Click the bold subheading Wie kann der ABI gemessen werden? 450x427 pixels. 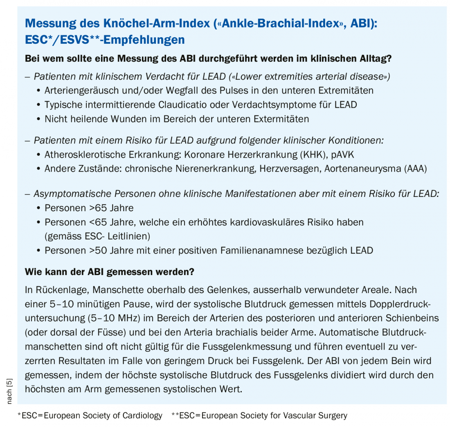coord(109,271)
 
